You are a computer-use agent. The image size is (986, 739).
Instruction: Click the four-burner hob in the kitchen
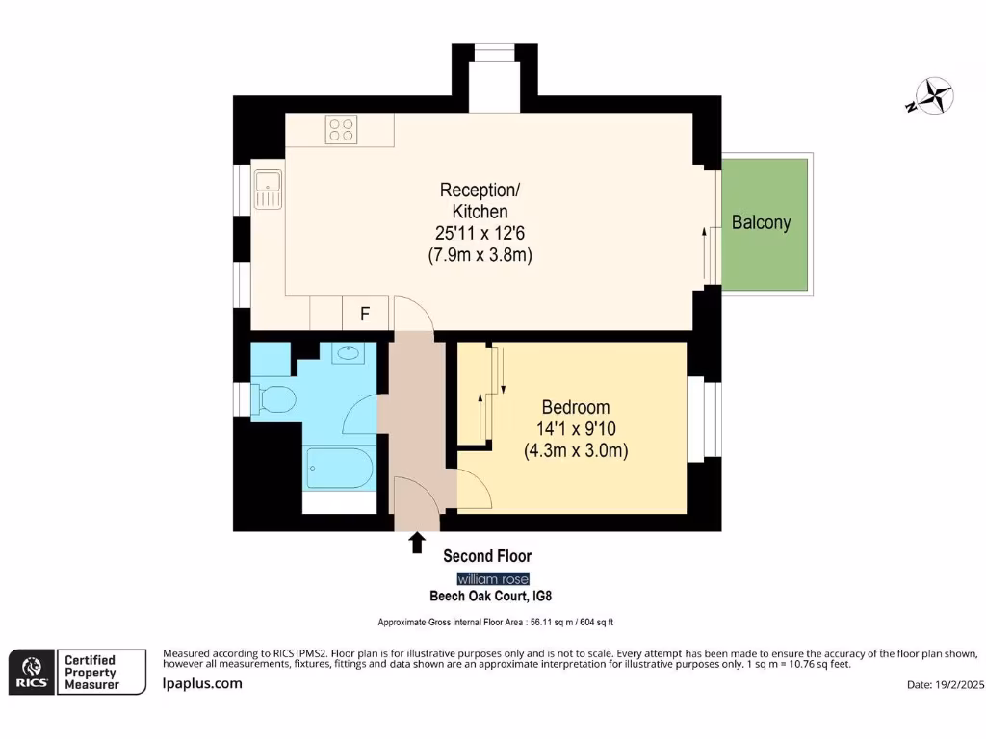341,129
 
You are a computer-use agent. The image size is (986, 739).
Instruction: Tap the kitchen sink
267,189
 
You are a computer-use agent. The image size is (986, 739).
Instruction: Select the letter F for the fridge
365,314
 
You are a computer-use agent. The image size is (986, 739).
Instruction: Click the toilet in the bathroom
273,398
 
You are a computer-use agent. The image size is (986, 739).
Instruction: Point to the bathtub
338,469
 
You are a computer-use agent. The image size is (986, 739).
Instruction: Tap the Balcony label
761,222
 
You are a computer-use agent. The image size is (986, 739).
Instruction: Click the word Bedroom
575,407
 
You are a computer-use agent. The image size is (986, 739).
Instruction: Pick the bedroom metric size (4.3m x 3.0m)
576,450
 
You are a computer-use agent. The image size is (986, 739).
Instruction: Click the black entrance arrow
417,544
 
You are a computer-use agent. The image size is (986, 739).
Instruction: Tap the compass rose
931,96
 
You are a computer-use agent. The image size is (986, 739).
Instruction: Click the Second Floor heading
486,556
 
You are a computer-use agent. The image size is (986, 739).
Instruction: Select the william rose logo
491,578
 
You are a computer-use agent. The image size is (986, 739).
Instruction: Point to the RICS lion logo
30,672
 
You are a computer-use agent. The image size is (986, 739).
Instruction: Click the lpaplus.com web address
201,683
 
